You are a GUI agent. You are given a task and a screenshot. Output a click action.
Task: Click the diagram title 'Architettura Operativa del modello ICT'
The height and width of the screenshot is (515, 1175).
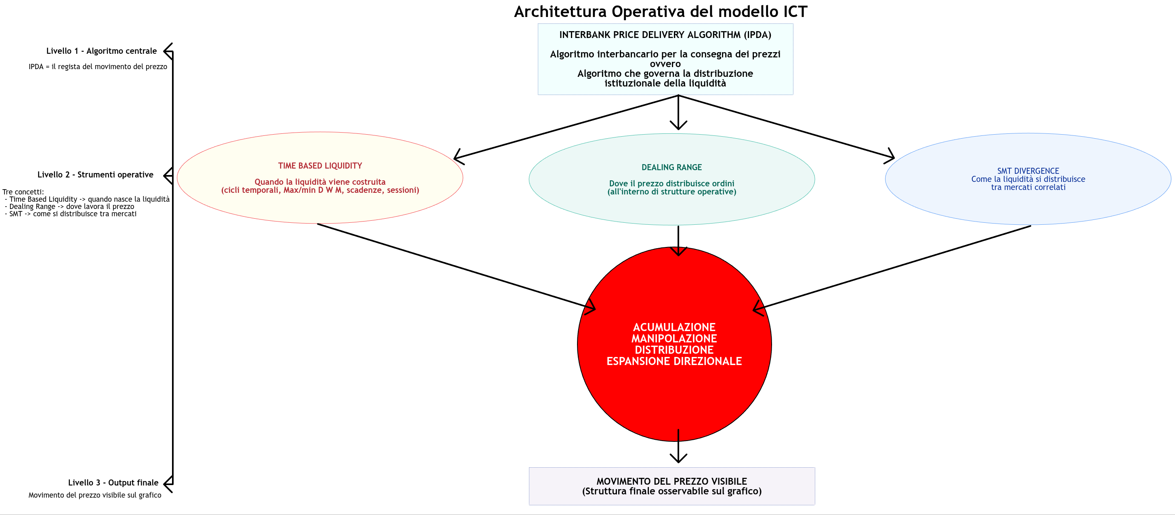tap(661, 11)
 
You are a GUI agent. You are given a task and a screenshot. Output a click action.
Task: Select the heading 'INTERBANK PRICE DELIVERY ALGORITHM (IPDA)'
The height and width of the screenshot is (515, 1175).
tap(665, 35)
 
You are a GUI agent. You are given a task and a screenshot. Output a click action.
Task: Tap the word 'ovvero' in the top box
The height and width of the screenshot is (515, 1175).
tap(665, 64)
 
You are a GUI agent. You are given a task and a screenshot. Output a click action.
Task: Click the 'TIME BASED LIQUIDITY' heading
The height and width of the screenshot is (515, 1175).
tap(320, 166)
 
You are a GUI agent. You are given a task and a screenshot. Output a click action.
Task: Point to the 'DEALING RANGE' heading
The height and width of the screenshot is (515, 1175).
tap(671, 168)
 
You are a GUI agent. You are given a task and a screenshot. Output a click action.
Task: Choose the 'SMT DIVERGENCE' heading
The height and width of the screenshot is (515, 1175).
tap(1028, 171)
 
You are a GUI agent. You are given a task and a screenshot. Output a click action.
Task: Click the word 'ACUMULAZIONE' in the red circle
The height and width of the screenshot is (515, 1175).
tap(674, 327)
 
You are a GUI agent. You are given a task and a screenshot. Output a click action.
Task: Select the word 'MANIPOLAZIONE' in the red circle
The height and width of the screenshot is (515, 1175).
tap(674, 338)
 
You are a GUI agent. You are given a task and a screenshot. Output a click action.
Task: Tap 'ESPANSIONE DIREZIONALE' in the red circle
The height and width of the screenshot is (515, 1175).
tap(674, 361)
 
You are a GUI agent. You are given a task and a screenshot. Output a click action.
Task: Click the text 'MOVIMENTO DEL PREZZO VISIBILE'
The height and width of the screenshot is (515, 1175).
tap(671, 481)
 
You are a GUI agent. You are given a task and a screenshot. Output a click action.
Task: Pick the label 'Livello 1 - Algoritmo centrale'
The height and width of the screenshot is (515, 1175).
tap(101, 51)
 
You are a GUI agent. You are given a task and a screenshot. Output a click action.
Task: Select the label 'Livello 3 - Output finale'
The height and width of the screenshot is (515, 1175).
tap(113, 483)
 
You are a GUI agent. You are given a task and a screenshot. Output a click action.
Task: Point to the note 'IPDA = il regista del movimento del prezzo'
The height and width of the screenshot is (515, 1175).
tap(98, 67)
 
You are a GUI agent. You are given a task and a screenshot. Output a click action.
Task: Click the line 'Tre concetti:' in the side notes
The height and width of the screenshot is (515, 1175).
tap(23, 192)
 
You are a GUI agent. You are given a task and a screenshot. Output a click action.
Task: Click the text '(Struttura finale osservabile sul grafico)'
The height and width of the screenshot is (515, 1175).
tap(671, 491)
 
